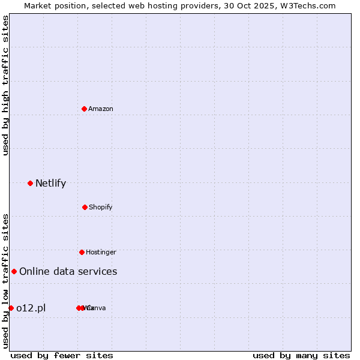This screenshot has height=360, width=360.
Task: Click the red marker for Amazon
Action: click(85, 109)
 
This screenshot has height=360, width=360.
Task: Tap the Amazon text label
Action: click(101, 109)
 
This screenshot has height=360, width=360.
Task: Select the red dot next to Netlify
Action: click(31, 183)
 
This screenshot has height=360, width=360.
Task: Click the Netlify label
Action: click(51, 184)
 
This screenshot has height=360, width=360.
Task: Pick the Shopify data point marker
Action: click(85, 207)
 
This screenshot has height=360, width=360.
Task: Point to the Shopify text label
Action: click(101, 208)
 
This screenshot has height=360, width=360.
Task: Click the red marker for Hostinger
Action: click(82, 252)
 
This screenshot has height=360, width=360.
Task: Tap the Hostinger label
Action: click(101, 253)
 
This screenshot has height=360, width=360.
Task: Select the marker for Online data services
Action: click(14, 271)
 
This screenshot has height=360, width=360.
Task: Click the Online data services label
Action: click(68, 272)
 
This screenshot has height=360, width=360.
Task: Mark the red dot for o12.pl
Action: click(11, 308)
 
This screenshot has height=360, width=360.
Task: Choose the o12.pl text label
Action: click(31, 308)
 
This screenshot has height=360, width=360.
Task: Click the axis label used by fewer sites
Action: click(62, 355)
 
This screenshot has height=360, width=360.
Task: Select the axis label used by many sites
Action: click(301, 355)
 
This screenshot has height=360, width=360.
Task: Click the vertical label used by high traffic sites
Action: click(6, 85)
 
